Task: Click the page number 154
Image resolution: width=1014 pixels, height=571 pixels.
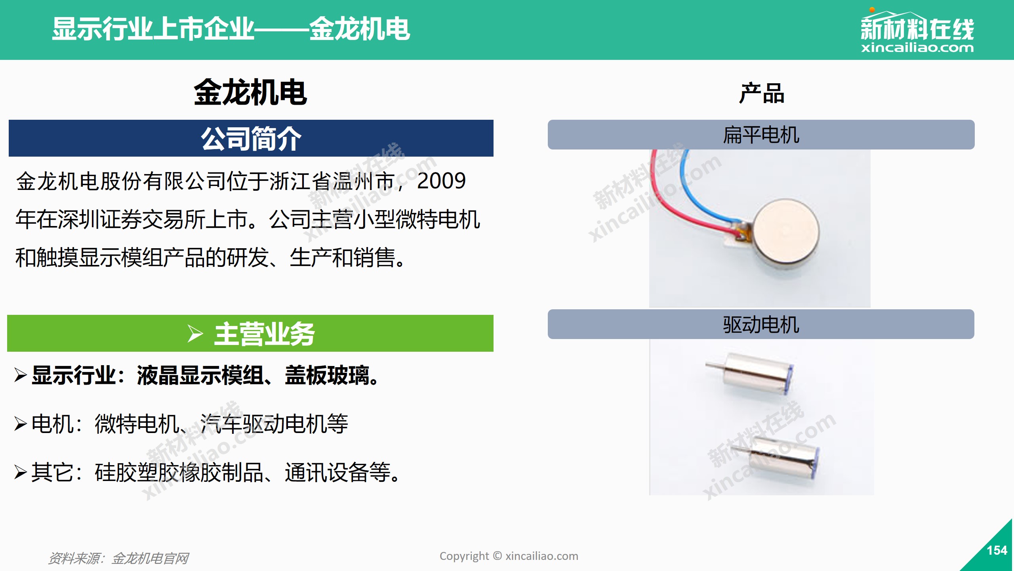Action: tap(997, 550)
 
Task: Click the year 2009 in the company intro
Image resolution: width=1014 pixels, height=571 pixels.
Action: tap(441, 181)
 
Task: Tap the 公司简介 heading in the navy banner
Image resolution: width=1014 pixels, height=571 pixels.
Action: tap(251, 138)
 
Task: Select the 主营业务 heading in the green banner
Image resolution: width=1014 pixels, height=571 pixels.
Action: tap(264, 334)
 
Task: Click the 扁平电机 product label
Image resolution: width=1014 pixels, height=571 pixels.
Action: tap(761, 135)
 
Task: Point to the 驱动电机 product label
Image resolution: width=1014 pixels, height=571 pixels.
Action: tap(761, 324)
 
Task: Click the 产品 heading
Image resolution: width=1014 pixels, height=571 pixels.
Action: tap(761, 93)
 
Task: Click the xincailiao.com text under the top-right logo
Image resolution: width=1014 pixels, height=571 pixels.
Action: tap(917, 48)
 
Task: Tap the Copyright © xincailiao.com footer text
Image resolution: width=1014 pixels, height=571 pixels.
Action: tap(509, 556)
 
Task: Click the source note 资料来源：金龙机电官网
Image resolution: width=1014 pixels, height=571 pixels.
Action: tap(118, 558)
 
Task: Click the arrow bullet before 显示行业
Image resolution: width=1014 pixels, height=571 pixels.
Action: tap(21, 375)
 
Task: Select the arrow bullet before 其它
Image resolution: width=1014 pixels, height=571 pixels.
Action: tap(21, 472)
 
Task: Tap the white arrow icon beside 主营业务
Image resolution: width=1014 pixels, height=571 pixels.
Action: tap(195, 333)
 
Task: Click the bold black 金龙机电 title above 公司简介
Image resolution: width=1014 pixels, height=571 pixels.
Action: tap(250, 92)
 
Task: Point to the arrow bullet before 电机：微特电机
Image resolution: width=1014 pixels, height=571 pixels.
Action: tap(21, 423)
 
